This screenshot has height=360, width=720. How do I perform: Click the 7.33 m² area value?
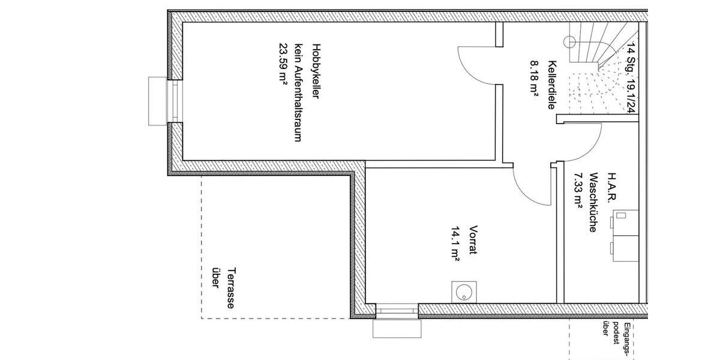click(578, 190)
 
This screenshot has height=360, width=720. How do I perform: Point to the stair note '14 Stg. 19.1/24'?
click(630, 78)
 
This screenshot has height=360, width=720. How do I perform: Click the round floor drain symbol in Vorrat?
click(463, 292)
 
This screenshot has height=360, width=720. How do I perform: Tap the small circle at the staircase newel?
click(569, 41)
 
